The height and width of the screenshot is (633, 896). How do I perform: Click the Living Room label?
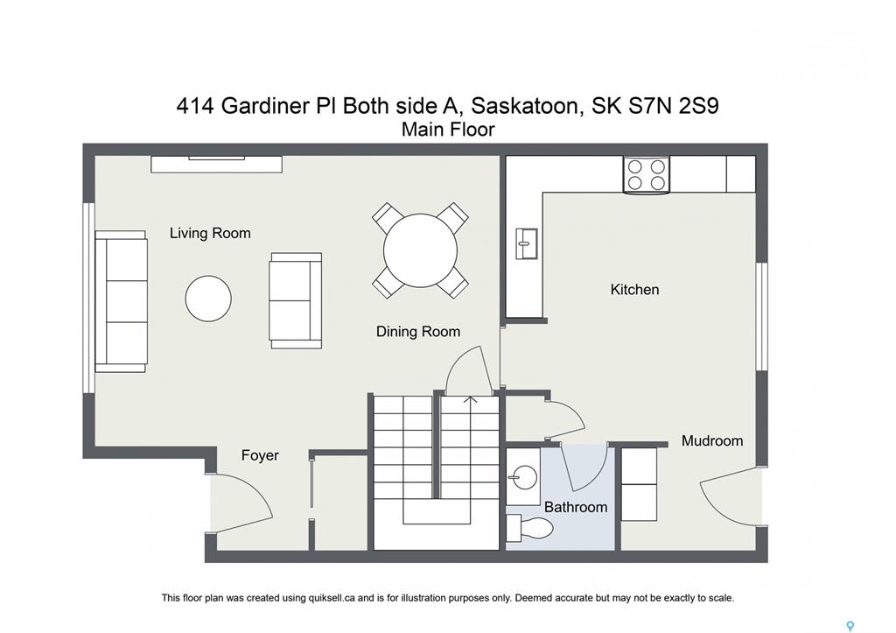coord(210,233)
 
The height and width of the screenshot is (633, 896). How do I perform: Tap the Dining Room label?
coord(418,332)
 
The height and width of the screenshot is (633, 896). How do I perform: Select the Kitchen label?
coord(635,289)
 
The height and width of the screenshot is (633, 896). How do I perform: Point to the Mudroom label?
coord(712,441)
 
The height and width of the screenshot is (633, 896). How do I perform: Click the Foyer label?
coord(260,456)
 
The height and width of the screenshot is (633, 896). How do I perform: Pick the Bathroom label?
coord(576,507)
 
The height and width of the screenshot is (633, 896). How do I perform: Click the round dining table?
coord(421,250)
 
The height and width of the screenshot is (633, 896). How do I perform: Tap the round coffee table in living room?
coord(208,299)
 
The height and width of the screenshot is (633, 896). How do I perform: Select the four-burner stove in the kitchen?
coord(647,175)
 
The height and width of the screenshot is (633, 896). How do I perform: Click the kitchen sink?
coord(527,243)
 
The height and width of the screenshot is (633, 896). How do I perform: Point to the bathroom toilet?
coord(529,528)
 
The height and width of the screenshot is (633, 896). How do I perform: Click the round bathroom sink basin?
coord(523,477)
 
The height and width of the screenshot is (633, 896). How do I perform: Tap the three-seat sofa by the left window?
coord(121,301)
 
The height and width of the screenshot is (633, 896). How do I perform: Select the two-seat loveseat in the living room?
coord(296,301)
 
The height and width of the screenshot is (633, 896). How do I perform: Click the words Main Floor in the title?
coord(448,130)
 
